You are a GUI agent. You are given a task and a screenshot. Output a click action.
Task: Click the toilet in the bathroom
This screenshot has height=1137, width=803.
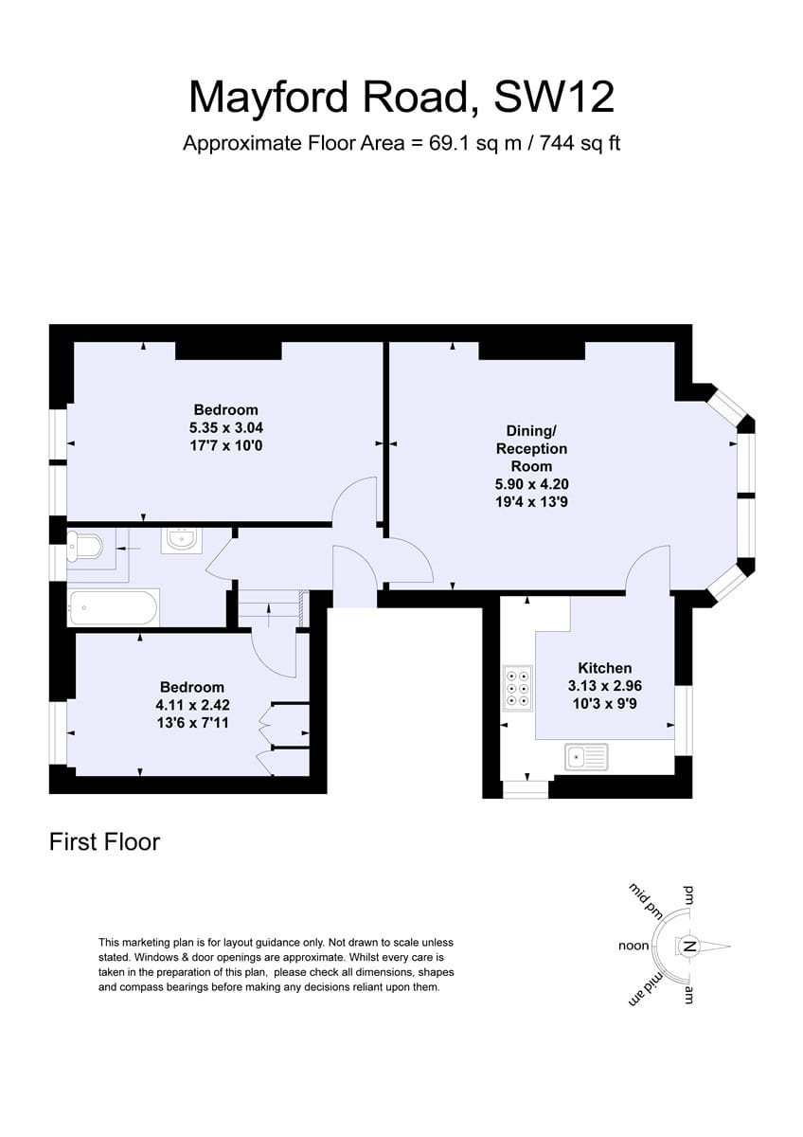[x=84, y=547]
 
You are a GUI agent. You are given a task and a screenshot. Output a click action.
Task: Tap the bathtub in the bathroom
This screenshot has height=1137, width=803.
[x=113, y=607]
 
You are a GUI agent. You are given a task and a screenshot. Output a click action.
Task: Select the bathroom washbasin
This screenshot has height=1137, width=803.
[x=181, y=540]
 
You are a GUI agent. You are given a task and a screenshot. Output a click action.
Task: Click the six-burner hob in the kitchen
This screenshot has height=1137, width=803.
[x=517, y=689]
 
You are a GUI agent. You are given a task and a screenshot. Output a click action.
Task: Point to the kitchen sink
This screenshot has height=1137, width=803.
[x=586, y=758]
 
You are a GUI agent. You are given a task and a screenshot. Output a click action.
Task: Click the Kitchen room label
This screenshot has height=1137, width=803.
[x=605, y=668]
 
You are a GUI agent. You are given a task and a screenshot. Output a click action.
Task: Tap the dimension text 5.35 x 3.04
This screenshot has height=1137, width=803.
[x=225, y=427]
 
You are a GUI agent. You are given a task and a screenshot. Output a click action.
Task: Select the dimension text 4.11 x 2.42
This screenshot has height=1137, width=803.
[x=193, y=705]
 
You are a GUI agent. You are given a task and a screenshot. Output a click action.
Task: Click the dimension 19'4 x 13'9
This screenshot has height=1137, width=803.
[x=531, y=501]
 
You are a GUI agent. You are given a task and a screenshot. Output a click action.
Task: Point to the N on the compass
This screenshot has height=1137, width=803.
[x=688, y=947]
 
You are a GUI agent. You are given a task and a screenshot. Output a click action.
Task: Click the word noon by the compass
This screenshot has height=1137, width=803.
[x=633, y=946]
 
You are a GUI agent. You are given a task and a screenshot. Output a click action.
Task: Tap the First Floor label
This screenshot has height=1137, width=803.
[x=104, y=842]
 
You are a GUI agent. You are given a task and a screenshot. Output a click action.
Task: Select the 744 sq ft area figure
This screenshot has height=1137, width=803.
[x=580, y=144]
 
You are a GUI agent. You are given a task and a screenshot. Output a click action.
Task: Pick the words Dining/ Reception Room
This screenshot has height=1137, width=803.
[x=531, y=448]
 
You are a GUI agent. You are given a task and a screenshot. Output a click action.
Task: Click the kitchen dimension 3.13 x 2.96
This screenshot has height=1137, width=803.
[x=605, y=686]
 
